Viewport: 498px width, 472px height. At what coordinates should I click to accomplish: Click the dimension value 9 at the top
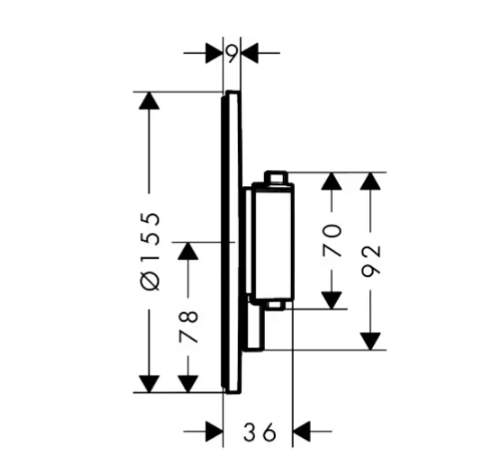[x=232, y=53]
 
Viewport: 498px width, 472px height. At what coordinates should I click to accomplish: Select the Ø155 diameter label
[x=150, y=252]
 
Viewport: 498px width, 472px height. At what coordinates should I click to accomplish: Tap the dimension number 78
[x=188, y=328]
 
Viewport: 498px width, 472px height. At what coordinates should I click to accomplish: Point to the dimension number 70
[x=332, y=241]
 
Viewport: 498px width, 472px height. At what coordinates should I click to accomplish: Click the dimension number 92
[x=371, y=262]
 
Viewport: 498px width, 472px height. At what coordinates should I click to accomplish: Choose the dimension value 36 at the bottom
[x=260, y=432]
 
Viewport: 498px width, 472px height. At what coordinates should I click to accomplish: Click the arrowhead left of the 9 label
[x=214, y=53]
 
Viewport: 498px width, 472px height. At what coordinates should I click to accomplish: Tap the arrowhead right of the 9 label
[x=250, y=53]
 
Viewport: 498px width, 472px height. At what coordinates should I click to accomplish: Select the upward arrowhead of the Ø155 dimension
[x=149, y=101]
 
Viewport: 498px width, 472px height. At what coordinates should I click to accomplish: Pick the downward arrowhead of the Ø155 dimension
[x=149, y=384]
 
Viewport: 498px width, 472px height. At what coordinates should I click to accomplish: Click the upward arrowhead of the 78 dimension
[x=188, y=251]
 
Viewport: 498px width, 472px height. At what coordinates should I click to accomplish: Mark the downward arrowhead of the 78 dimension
[x=188, y=384]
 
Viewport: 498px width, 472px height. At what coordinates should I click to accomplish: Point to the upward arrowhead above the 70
[x=332, y=181]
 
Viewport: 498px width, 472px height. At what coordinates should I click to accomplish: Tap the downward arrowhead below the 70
[x=332, y=301]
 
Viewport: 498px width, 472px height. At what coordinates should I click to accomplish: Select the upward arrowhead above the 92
[x=371, y=181]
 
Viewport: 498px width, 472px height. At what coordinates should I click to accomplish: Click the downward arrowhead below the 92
[x=371, y=342]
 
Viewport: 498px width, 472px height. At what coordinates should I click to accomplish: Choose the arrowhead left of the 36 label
[x=214, y=431]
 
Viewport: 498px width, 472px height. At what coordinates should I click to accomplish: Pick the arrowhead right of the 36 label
[x=302, y=431]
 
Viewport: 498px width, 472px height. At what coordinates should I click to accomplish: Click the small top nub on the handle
[x=275, y=177]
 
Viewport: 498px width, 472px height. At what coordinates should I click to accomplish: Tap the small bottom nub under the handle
[x=275, y=306]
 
